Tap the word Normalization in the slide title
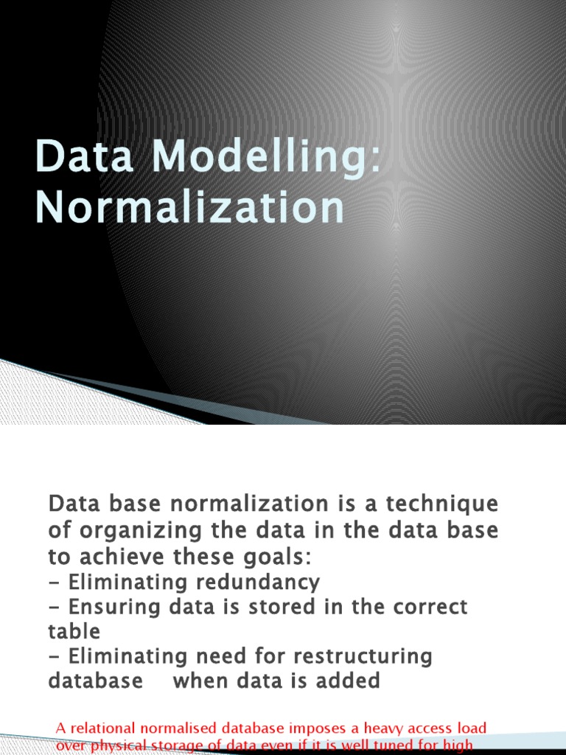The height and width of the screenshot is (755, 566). coord(190,208)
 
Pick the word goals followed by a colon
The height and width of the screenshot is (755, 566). coord(283,556)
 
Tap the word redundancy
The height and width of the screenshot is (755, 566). coord(257,582)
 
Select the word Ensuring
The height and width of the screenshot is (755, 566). coord(110,607)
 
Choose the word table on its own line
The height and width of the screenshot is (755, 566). coord(74,632)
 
